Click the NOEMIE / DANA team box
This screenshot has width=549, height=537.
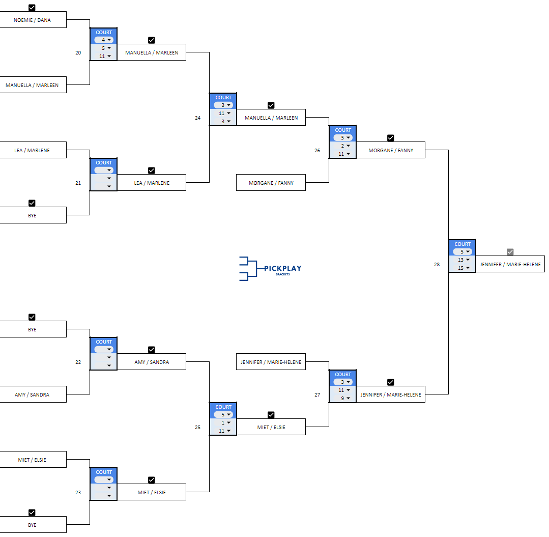pyautogui.click(x=33, y=20)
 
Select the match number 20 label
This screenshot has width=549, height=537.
pyautogui.click(x=78, y=52)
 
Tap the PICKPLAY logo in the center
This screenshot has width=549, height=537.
pyautogui.click(x=270, y=269)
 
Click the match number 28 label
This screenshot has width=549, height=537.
pyautogui.click(x=437, y=264)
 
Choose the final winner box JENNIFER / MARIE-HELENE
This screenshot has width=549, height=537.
pyautogui.click(x=510, y=264)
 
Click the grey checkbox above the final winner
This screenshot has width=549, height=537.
pyautogui.click(x=510, y=252)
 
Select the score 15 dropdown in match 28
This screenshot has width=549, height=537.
pyautogui.click(x=463, y=268)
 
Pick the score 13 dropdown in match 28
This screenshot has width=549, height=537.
pyautogui.click(x=463, y=260)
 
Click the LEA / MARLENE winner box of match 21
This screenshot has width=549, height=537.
pyautogui.click(x=151, y=183)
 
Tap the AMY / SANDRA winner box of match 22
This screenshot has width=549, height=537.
pyautogui.click(x=151, y=362)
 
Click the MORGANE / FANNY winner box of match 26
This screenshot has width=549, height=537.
pyautogui.click(x=390, y=150)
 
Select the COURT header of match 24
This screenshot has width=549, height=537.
pyautogui.click(x=223, y=97)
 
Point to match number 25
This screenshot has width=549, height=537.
pyautogui.click(x=197, y=427)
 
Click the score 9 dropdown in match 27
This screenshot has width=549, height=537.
pyautogui.click(x=343, y=398)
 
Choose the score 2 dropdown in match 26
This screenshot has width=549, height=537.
pyautogui.click(x=343, y=146)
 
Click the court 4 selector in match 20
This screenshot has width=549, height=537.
pyautogui.click(x=104, y=40)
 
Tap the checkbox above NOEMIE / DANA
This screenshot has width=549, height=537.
pyautogui.click(x=32, y=8)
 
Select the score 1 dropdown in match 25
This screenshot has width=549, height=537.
pyautogui.click(x=223, y=422)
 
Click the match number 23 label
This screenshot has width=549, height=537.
pyautogui.click(x=78, y=492)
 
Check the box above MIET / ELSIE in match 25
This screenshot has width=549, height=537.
pyautogui.click(x=271, y=415)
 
